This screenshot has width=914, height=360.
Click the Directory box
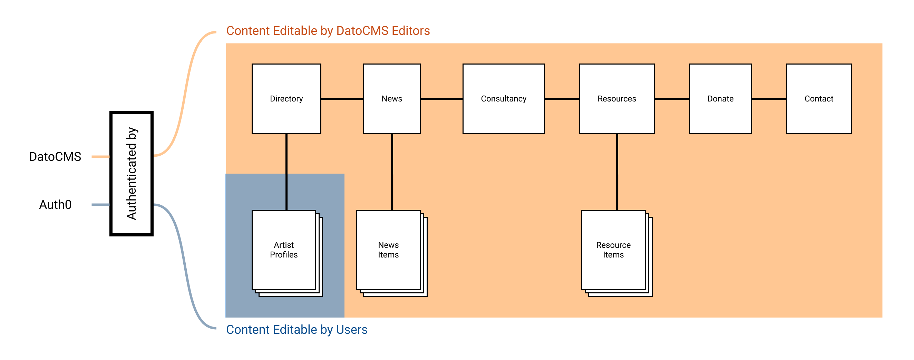[286, 99]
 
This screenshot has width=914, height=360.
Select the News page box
[392, 99]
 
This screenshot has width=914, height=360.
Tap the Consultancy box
[504, 99]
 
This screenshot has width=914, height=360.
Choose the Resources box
[617, 99]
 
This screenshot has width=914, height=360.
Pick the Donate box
[720, 99]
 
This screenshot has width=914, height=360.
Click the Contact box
[818, 99]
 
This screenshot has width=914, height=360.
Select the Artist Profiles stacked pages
[284, 250]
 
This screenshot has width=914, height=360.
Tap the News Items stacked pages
[388, 250]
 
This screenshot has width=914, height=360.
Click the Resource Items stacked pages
[613, 250]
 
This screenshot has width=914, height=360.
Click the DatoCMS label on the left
[55, 156]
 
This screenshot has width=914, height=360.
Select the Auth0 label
[55, 205]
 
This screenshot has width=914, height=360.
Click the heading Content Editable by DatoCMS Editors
[328, 31]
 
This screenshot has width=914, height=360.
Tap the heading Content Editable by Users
[296, 330]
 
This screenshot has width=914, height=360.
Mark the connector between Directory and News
[342, 99]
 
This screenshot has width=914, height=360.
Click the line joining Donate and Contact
[769, 99]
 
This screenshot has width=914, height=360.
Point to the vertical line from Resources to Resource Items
[617, 172]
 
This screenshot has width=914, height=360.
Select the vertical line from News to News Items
[392, 172]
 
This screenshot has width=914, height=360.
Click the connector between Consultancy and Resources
[562, 99]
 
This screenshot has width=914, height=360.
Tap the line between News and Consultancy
[441, 99]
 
